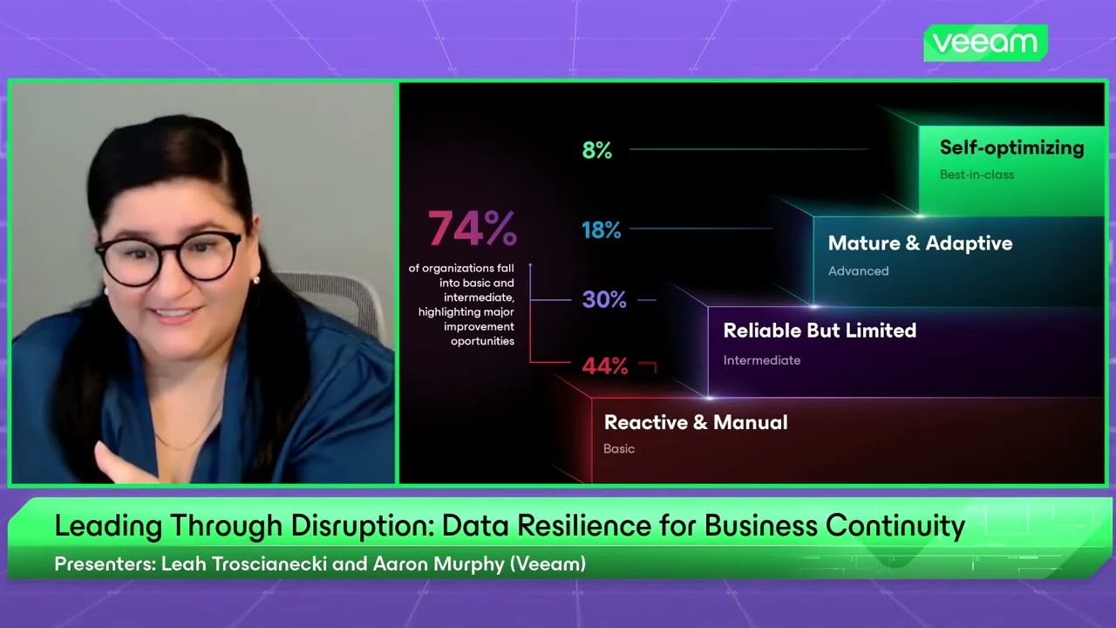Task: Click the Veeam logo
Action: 985,43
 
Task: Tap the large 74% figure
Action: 473,229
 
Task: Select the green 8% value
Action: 597,151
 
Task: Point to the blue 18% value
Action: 602,230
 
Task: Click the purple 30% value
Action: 604,300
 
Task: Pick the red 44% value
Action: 605,366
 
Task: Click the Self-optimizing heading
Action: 1011,147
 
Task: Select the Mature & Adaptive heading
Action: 920,243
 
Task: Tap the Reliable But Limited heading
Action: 820,331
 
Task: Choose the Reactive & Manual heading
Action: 696,422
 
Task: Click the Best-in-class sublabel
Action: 976,174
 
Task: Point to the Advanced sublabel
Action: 858,271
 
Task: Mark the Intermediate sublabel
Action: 761,360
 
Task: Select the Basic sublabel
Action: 619,449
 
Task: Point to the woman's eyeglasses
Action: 170,255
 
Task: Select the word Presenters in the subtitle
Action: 104,564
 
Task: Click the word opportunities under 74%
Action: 482,341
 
